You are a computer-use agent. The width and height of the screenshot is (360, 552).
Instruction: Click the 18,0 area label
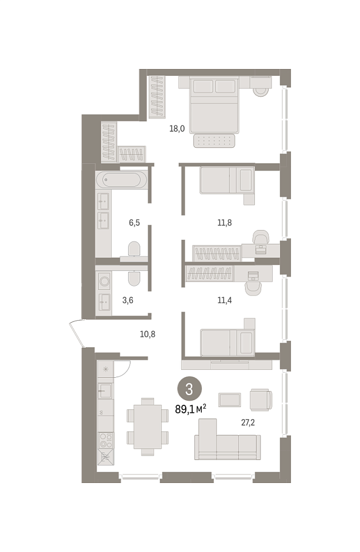[x=177, y=128]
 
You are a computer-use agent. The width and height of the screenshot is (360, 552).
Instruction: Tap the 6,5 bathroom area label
[x=134, y=223]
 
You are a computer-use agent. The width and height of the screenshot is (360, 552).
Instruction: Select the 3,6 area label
[x=128, y=300]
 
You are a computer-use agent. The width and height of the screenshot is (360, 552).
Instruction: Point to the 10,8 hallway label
[x=147, y=334]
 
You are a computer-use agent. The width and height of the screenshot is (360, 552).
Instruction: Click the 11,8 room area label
[x=224, y=223]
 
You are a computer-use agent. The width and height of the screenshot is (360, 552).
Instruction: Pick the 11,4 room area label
[x=224, y=300]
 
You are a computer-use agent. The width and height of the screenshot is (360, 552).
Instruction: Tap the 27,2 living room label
[x=248, y=423]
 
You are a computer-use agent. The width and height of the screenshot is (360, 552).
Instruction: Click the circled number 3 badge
[x=189, y=389]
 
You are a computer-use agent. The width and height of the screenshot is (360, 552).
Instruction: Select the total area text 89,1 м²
[x=190, y=409]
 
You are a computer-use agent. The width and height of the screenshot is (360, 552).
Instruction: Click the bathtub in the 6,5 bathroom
[x=121, y=179]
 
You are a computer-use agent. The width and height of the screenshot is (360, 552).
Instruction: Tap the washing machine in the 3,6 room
[x=104, y=281]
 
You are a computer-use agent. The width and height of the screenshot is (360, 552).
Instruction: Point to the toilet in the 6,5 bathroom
[x=134, y=249]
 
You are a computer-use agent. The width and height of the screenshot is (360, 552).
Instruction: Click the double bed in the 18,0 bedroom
[x=214, y=105]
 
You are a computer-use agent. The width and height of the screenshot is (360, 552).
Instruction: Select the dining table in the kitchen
[x=148, y=427]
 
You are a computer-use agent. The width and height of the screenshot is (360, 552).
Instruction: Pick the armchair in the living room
[x=261, y=400]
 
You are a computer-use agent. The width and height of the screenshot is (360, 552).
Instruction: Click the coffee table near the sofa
[x=229, y=400]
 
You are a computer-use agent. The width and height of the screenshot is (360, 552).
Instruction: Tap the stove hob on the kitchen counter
[x=106, y=440]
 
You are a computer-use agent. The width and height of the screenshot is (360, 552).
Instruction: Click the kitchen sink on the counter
[x=105, y=390]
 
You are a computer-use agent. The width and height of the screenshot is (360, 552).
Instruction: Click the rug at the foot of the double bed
[x=215, y=141]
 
